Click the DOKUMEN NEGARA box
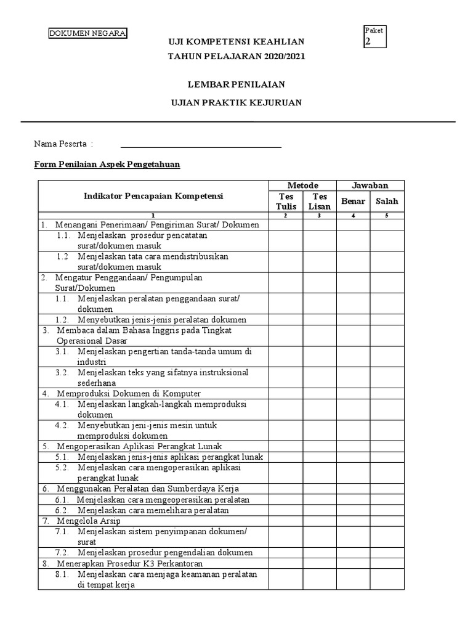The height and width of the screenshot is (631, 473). click(x=88, y=33)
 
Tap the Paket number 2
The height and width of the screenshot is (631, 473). click(x=368, y=42)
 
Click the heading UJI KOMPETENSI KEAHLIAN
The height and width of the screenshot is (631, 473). click(x=236, y=41)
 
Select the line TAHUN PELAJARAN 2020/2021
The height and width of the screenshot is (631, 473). click(x=236, y=56)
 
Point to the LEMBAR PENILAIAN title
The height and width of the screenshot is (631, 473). click(x=236, y=84)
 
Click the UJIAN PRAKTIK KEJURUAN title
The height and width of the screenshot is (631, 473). click(x=236, y=102)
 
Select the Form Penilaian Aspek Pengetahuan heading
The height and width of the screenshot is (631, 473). click(x=107, y=165)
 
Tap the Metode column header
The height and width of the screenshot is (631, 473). click(x=302, y=185)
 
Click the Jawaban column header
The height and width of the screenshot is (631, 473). click(x=370, y=185)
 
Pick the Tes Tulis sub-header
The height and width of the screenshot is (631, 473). click(x=286, y=201)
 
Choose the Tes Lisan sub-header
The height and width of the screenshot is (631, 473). click(x=319, y=201)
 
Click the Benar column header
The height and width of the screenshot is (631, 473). click(x=353, y=201)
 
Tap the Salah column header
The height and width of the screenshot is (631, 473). click(x=387, y=201)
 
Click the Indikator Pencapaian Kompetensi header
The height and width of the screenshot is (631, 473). click(x=153, y=196)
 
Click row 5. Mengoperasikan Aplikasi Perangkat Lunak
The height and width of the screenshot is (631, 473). click(x=139, y=446)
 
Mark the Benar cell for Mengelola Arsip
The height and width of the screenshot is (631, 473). click(x=353, y=521)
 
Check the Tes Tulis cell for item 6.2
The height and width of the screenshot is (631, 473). click(x=286, y=510)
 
